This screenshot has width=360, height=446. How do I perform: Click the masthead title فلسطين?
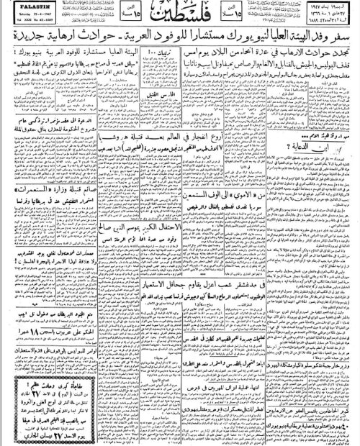coord(180,15)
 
